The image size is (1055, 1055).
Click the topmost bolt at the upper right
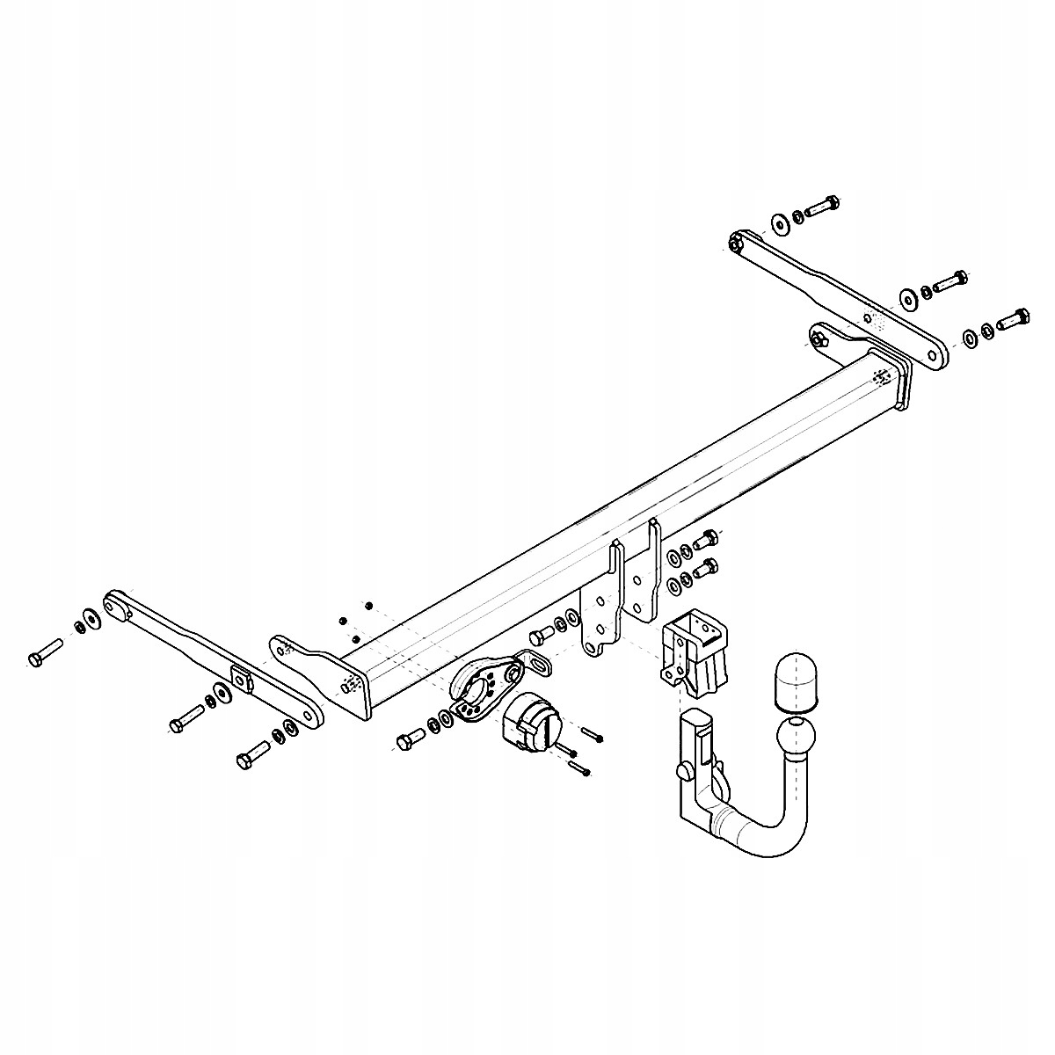pyautogui.click(x=822, y=207)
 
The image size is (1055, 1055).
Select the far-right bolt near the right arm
pyautogui.click(x=1014, y=320)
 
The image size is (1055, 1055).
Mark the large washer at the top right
pyautogui.click(x=780, y=222)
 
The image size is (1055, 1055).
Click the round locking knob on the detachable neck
pyautogui.click(x=685, y=772)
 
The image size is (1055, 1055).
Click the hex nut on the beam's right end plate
pyautogui.click(x=819, y=338)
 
